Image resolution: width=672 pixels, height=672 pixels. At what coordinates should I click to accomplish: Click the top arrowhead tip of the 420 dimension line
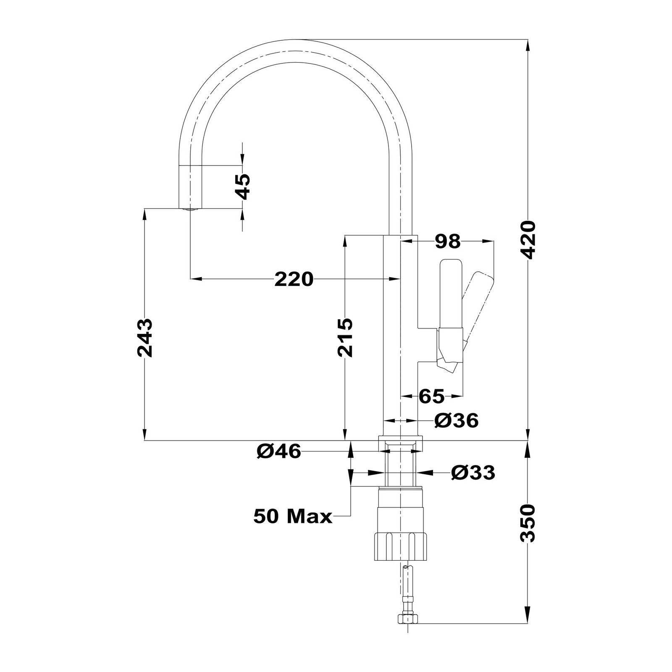[x=528, y=39]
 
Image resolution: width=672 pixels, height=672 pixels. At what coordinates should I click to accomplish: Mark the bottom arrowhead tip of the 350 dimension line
[x=528, y=631]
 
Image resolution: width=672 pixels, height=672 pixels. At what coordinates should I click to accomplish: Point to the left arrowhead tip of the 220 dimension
[x=191, y=278]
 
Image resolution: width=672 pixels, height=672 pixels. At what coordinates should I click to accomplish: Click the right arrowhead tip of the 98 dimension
[x=493, y=241]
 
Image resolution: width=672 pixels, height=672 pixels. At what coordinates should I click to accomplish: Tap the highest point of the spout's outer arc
[x=296, y=39]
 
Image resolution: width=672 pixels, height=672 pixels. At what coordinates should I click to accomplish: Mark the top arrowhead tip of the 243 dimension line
[x=144, y=208]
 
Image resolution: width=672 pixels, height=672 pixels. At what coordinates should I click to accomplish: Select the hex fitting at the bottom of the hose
[x=407, y=630]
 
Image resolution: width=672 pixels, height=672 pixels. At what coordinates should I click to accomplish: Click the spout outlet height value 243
[x=144, y=338]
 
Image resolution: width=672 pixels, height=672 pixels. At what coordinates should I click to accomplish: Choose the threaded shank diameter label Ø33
[x=473, y=473]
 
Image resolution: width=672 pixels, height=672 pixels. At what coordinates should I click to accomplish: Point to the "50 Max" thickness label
[x=293, y=517]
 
